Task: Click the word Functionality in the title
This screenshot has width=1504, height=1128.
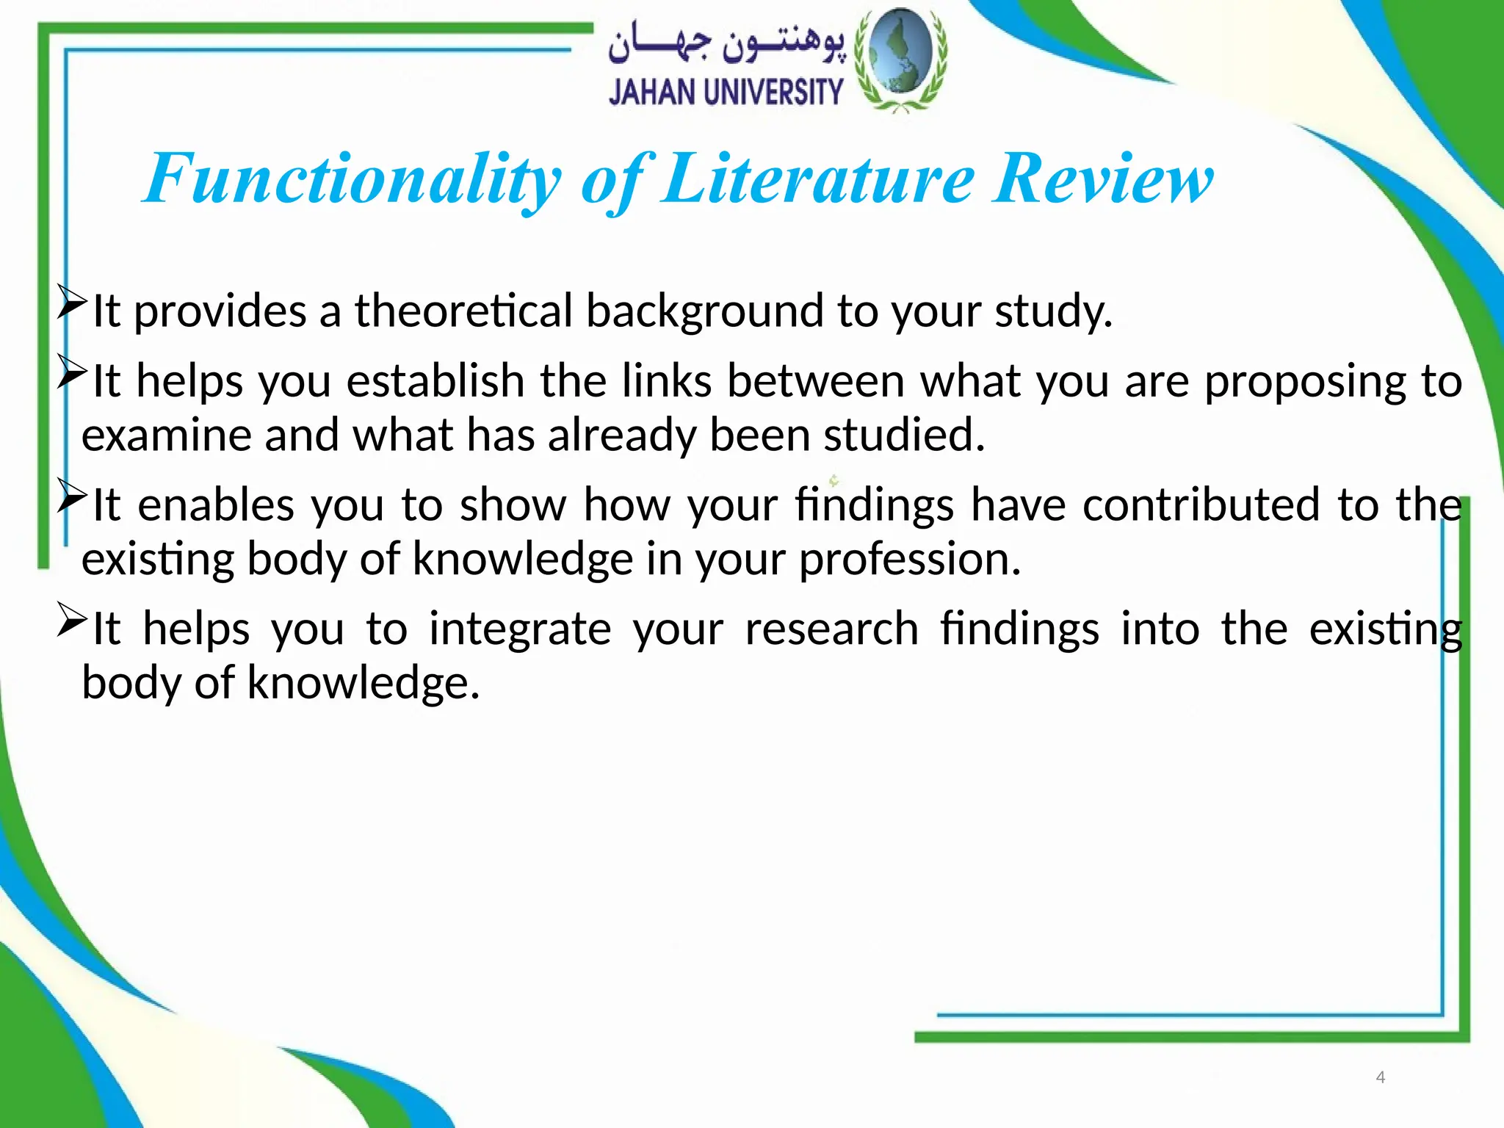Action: coord(352,180)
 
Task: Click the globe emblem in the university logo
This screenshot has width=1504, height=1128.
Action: coord(901,59)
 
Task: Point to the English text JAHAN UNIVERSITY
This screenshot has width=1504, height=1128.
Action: coord(726,93)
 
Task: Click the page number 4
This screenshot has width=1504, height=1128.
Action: coord(1380,1077)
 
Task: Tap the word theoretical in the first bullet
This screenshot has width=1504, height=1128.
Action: coord(463,311)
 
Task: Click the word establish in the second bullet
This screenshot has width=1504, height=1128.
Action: coord(435,381)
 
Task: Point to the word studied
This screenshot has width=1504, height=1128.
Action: coord(904,435)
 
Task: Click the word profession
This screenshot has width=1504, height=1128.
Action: coord(910,560)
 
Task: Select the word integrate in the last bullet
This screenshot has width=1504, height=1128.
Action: coord(520,630)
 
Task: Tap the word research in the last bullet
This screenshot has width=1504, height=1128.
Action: coord(832,630)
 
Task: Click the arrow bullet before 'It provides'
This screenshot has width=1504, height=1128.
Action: coord(72,303)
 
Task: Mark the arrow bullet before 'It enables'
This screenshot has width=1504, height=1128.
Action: coord(72,496)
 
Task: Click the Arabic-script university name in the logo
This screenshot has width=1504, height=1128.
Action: coord(726,46)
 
